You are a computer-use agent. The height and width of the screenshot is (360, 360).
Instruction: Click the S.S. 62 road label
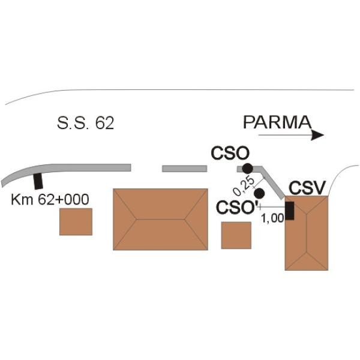(x=85, y=123)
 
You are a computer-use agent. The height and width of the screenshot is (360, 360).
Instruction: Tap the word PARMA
(x=277, y=122)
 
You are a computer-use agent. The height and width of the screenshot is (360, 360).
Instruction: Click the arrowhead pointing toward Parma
(x=317, y=135)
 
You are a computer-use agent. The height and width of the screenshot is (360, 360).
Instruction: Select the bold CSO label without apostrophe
(x=230, y=153)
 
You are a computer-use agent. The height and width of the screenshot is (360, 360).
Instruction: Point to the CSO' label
(x=238, y=208)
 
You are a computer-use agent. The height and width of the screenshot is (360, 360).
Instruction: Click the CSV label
(x=307, y=188)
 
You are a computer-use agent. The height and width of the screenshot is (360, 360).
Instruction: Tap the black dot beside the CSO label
(x=247, y=169)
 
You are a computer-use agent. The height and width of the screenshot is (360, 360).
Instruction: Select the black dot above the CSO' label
(x=259, y=193)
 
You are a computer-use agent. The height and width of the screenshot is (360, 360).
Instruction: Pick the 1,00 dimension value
(x=273, y=218)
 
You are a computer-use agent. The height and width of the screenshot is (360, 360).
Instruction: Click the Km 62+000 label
(x=50, y=200)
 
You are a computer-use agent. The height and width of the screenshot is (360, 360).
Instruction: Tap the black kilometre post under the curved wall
(x=38, y=181)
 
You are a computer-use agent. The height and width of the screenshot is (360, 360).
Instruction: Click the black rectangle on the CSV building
(x=290, y=211)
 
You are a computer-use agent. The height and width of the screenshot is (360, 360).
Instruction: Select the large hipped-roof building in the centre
(x=160, y=219)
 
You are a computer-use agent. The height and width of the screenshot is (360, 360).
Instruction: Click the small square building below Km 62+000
(x=76, y=222)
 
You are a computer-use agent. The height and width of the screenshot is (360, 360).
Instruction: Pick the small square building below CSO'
(x=236, y=235)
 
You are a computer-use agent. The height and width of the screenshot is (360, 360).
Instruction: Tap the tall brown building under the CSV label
(x=307, y=233)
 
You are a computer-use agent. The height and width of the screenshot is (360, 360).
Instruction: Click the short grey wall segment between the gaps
(x=185, y=169)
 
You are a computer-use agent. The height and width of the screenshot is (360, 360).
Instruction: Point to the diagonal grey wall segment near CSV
(x=272, y=182)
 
